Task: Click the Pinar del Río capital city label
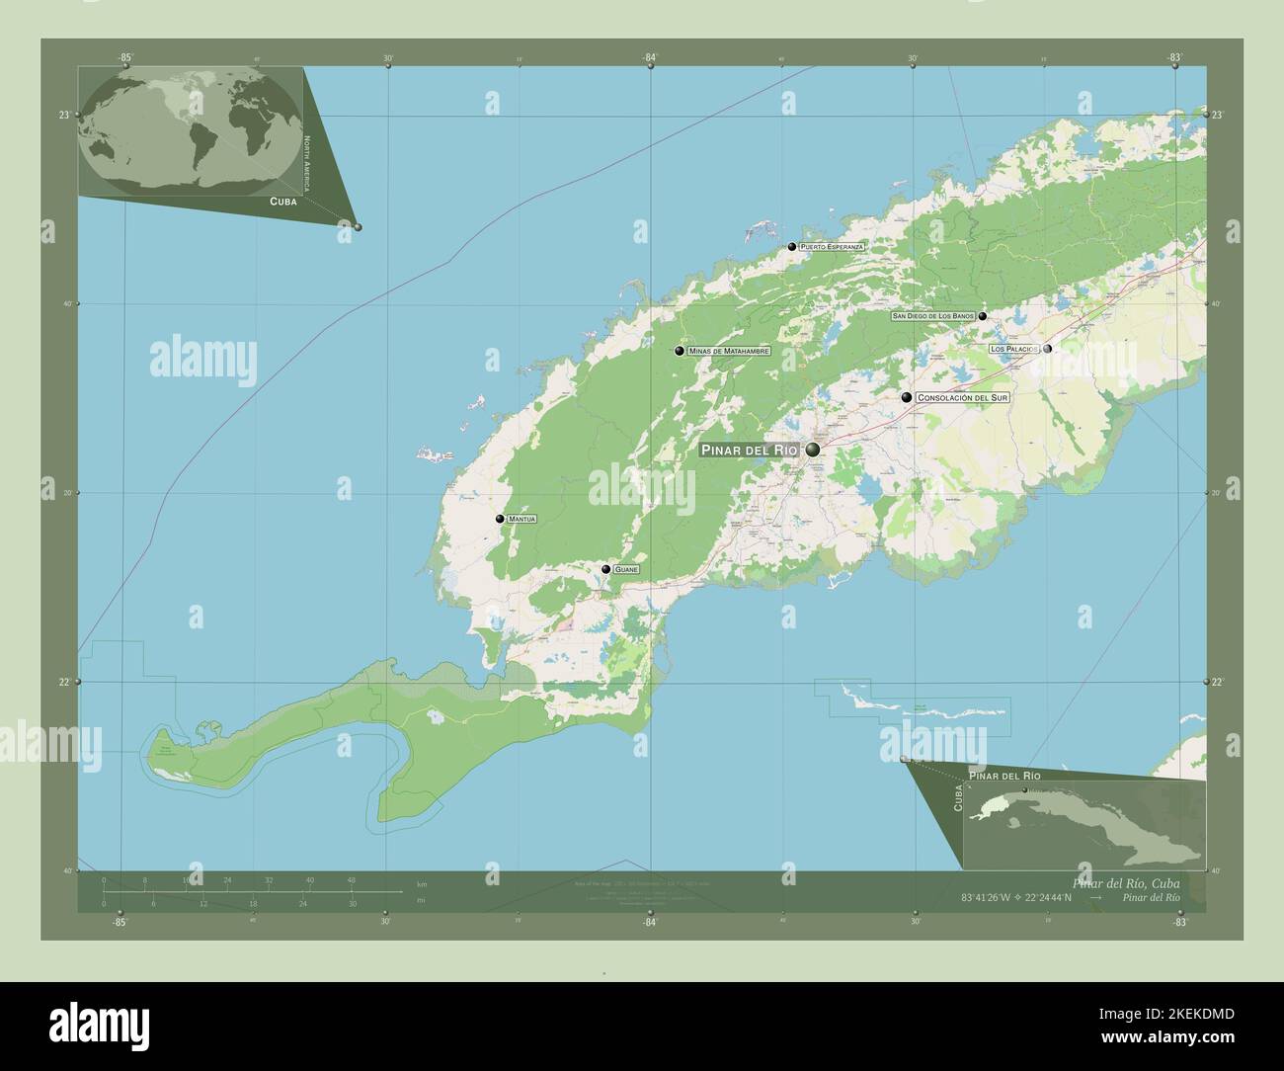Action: pyautogui.click(x=749, y=451)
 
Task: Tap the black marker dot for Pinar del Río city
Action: pyautogui.click(x=813, y=451)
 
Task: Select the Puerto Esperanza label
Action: pyautogui.click(x=833, y=246)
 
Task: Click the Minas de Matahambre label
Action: pyautogui.click(x=729, y=351)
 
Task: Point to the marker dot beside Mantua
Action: pyautogui.click(x=500, y=519)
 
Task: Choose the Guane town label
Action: pyautogui.click(x=626, y=570)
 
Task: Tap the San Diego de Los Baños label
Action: pyautogui.click(x=932, y=316)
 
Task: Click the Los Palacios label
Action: pyautogui.click(x=1014, y=349)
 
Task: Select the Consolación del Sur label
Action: pyautogui.click(x=963, y=397)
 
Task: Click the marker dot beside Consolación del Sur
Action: pyautogui.click(x=906, y=397)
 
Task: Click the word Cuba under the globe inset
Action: pyautogui.click(x=283, y=201)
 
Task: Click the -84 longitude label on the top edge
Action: pyautogui.click(x=649, y=58)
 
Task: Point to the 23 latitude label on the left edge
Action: pyautogui.click(x=63, y=116)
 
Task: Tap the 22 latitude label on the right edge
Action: pyautogui.click(x=1218, y=683)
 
